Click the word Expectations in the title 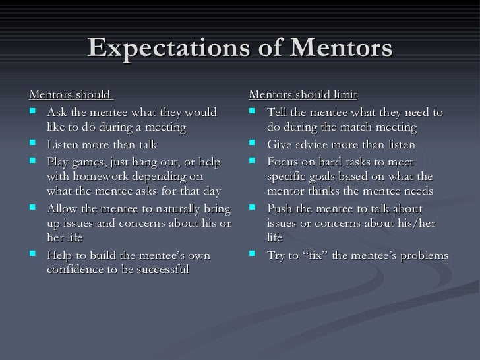pyautogui.click(x=164, y=47)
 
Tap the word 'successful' pyautogui.click(x=158, y=270)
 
